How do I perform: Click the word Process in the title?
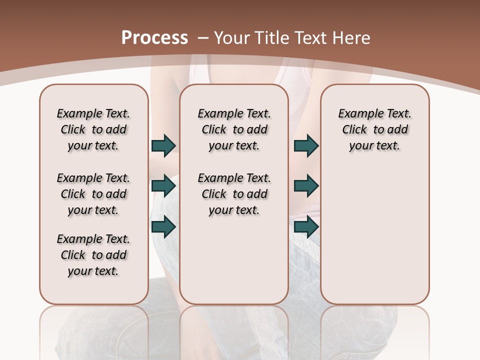(154, 37)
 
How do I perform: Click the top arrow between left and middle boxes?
(163, 145)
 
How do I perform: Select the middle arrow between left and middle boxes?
(163, 186)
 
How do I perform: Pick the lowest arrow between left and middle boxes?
(163, 227)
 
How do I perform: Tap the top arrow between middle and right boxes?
(306, 145)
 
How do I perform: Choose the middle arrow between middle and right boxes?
(306, 186)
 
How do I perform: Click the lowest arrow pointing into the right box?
(306, 227)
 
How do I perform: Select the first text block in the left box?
(93, 129)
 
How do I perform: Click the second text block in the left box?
(93, 194)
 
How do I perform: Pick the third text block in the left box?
(93, 255)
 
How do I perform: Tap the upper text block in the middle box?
(234, 129)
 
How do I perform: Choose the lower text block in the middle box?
(234, 194)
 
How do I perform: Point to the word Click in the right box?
(354, 130)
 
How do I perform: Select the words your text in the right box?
(374, 146)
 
